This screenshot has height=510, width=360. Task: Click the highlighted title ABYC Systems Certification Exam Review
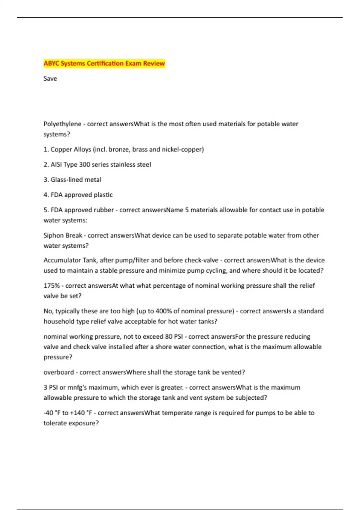[x=104, y=63]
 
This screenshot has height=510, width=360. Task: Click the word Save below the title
[x=50, y=79]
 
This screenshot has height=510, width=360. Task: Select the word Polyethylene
[x=62, y=124]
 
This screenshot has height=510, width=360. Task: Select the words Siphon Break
[x=63, y=235]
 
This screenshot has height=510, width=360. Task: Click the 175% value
[x=52, y=286]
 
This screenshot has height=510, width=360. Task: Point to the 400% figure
[x=163, y=311]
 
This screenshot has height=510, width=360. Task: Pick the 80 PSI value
[x=174, y=337]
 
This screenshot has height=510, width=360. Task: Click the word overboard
[x=58, y=372]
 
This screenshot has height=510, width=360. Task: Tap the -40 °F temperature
[x=52, y=413]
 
